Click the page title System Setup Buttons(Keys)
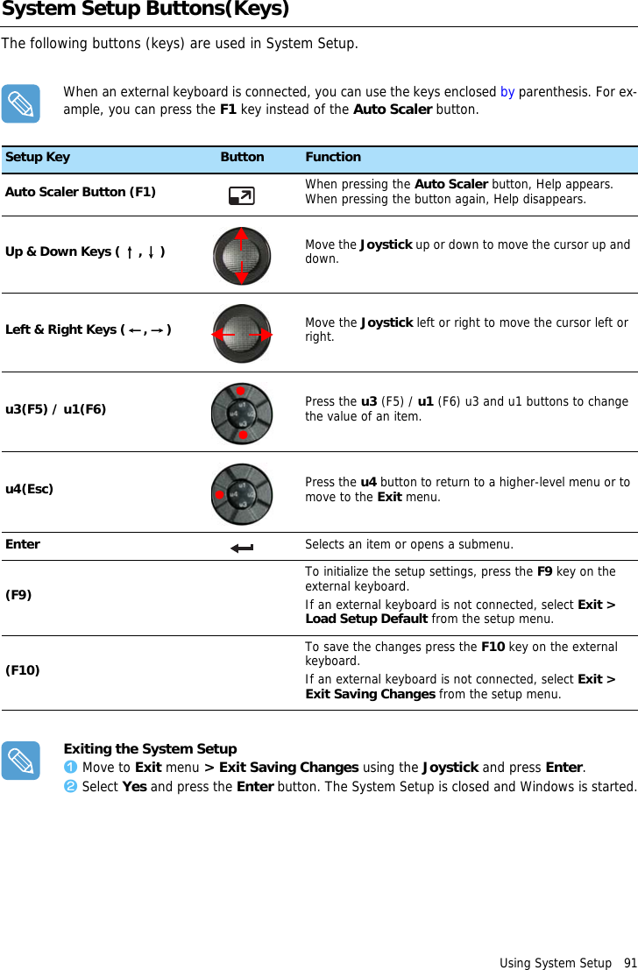145,11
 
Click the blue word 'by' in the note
507,92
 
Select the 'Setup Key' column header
38,158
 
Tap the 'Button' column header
242,158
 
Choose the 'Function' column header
333,158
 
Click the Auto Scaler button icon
241,196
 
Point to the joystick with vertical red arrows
242,256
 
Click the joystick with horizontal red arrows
242,334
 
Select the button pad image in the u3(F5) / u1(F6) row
242,413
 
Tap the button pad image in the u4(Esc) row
242,493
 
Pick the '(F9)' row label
18,595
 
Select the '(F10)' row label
22,670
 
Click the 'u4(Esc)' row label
29,489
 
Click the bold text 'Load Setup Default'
366,619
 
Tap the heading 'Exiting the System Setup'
150,749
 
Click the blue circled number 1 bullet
71,768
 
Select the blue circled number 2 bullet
71,786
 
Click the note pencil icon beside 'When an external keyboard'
20,103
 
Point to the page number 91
630,963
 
